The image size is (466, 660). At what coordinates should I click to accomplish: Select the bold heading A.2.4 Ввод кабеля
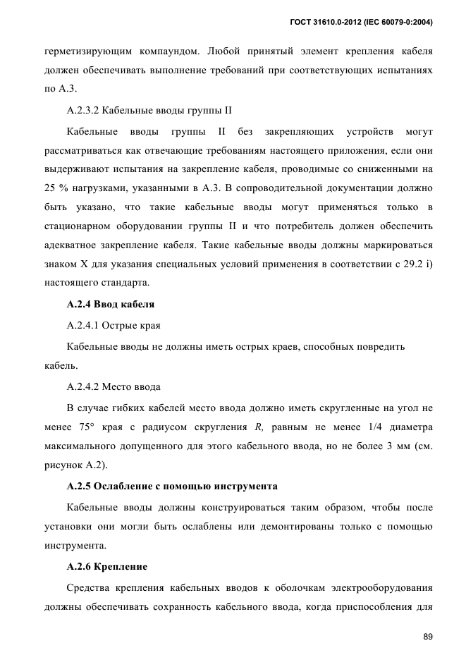[x=110, y=305]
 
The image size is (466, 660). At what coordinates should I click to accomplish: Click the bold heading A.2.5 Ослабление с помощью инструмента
[x=172, y=487]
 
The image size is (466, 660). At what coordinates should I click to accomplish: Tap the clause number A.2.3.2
[x=84, y=111]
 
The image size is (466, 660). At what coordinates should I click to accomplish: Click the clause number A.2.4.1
[x=84, y=326]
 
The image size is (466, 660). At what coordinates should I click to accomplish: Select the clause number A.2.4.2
[x=84, y=387]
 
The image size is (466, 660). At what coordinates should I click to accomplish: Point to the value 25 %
[x=56, y=188]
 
